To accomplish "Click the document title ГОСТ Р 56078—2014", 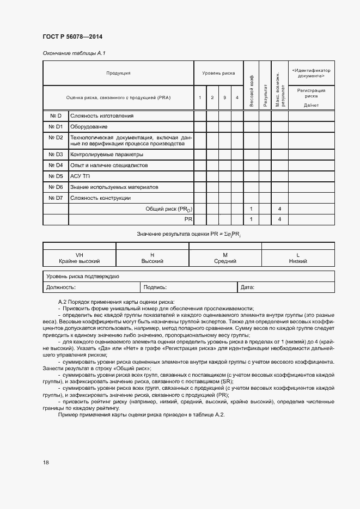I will pyautogui.click(x=72, y=36).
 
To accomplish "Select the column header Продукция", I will pyautogui.click(x=118, y=72).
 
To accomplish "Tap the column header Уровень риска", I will pyautogui.click(x=218, y=72).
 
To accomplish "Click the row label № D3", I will pyautogui.click(x=56, y=154).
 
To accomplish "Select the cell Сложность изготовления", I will pyautogui.click(x=102, y=115).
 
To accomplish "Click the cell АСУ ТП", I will pyautogui.click(x=80, y=176).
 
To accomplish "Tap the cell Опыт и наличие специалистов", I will pyautogui.click(x=109, y=165).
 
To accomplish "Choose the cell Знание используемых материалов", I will pyautogui.click(x=114, y=187).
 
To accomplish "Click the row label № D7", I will pyautogui.click(x=56, y=198).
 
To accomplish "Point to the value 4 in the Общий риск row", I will pyautogui.click(x=279, y=208).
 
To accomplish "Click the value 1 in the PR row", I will pyautogui.click(x=251, y=219).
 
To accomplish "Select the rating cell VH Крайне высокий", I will pyautogui.click(x=79, y=258).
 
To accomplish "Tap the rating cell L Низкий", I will pyautogui.click(x=298, y=258).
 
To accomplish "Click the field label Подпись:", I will pyautogui.click(x=155, y=286).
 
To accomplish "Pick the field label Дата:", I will pyautogui.click(x=247, y=286).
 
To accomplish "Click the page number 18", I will pyautogui.click(x=46, y=462).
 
